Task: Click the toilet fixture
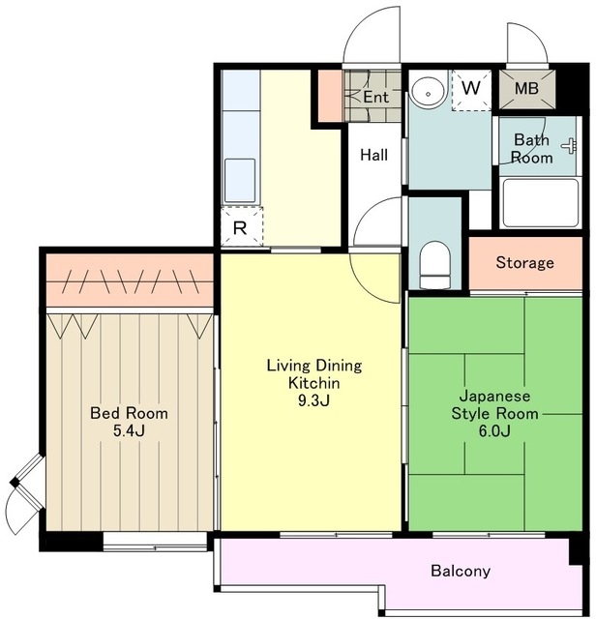point(434,264)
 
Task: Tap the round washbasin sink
point(429,90)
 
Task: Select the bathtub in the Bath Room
point(540,203)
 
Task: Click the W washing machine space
point(471,90)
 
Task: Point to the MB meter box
point(527,89)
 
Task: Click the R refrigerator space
point(241,226)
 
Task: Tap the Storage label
point(525,262)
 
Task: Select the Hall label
point(373,155)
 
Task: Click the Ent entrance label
point(375,97)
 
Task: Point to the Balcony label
point(461,571)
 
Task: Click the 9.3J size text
point(313,400)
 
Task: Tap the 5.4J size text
point(129,430)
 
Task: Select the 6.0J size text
point(494,430)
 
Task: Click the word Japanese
point(494,396)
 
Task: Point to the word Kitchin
point(314,383)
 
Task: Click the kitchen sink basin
point(240,181)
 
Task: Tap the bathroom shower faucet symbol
point(569,146)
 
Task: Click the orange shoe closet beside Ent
point(330,96)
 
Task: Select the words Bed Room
point(129,413)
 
